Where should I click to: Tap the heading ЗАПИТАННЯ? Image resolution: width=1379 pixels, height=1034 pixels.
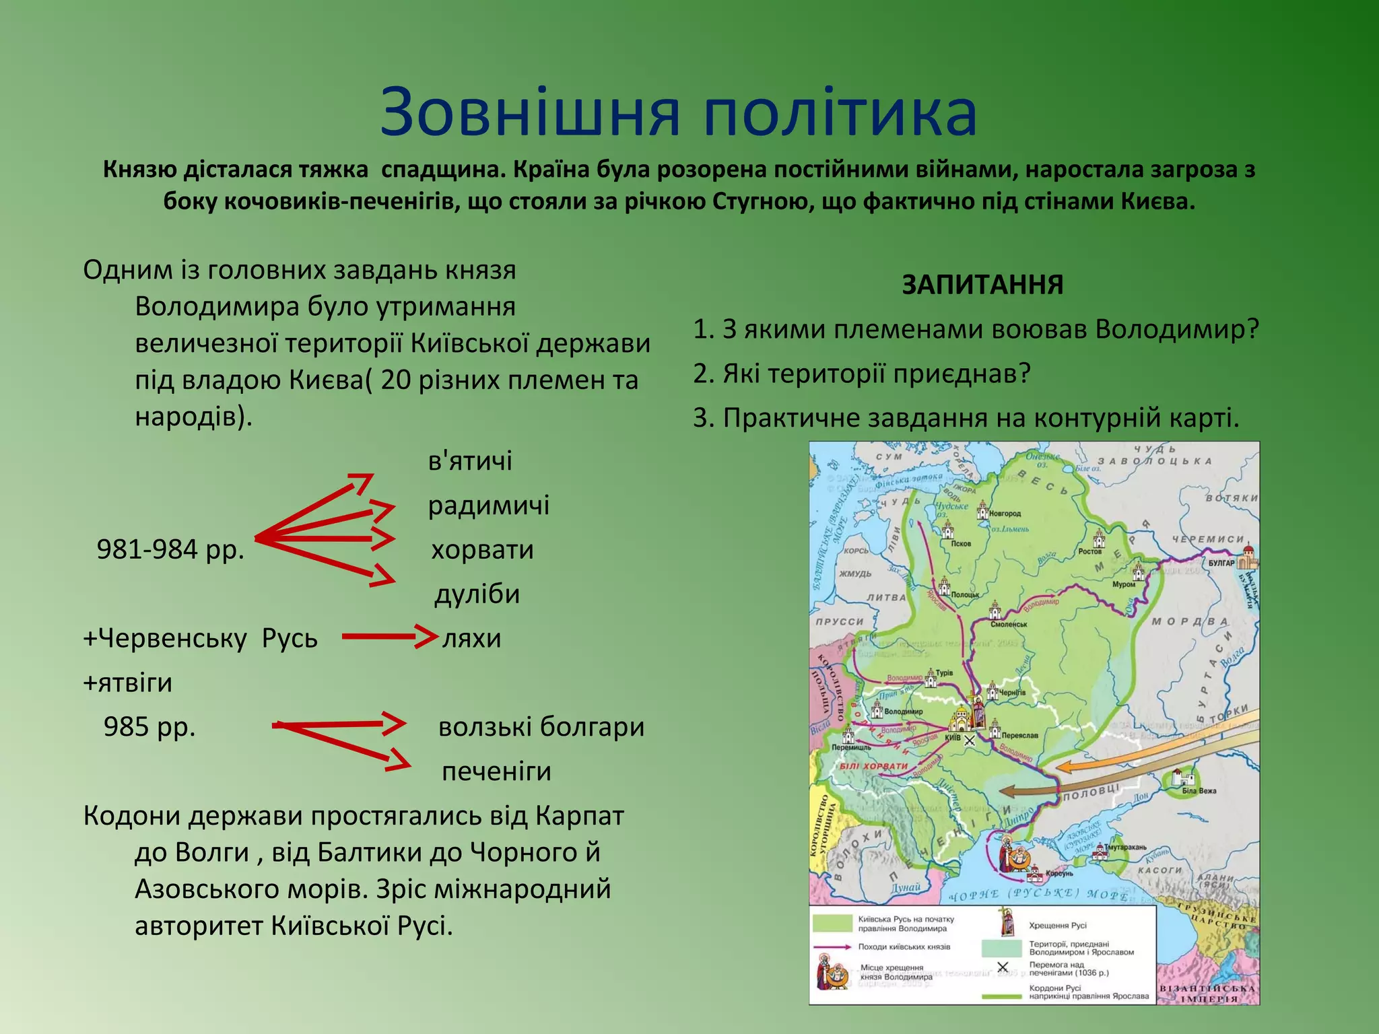982,285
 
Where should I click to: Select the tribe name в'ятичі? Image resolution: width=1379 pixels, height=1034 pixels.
470,461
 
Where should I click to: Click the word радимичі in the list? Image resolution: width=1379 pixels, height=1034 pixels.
489,505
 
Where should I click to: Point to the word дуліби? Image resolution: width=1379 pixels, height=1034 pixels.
477,594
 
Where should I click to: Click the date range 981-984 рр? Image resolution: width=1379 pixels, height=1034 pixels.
170,549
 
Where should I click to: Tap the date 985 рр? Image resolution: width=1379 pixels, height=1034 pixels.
149,727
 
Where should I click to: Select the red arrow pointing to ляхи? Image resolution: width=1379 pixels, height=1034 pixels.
389,636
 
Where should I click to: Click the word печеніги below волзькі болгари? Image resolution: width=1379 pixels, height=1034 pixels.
496,771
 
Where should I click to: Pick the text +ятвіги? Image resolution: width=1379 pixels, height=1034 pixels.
128,683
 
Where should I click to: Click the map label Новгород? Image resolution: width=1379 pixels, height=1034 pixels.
1005,514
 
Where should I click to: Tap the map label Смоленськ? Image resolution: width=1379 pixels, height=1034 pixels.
1009,624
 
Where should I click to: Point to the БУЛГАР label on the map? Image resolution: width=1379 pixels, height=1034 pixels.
1221,563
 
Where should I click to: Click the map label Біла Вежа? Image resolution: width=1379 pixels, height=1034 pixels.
1199,790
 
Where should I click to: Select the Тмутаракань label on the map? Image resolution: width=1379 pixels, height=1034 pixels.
1124,847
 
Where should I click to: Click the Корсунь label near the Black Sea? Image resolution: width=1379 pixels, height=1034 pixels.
1059,874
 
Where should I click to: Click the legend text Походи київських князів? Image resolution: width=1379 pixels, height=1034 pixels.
904,946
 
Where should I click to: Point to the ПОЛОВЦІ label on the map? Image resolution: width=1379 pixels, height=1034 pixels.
1091,792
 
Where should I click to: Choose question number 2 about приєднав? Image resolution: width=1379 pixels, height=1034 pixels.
862,374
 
